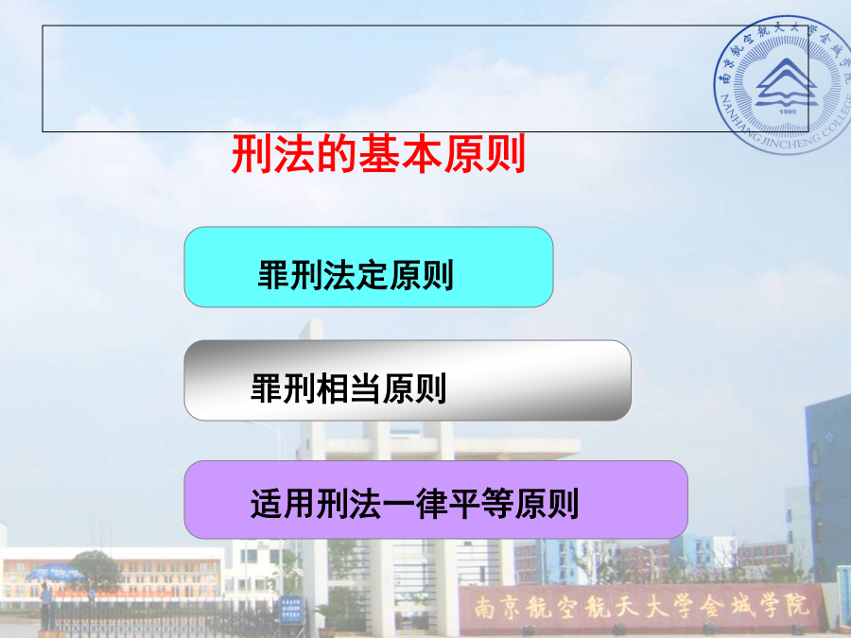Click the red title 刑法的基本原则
pyautogui.click(x=378, y=154)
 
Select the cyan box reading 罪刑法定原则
pyautogui.click(x=369, y=267)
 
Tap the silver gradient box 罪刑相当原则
pyautogui.click(x=408, y=380)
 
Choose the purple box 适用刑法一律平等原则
pyautogui.click(x=436, y=500)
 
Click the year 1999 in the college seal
pyautogui.click(x=787, y=112)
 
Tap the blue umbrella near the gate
pyautogui.click(x=55, y=573)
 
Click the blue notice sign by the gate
pyautogui.click(x=291, y=609)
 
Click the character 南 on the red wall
pyautogui.click(x=485, y=607)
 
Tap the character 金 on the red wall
pyautogui.click(x=711, y=606)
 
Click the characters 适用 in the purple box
pyautogui.click(x=283, y=504)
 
